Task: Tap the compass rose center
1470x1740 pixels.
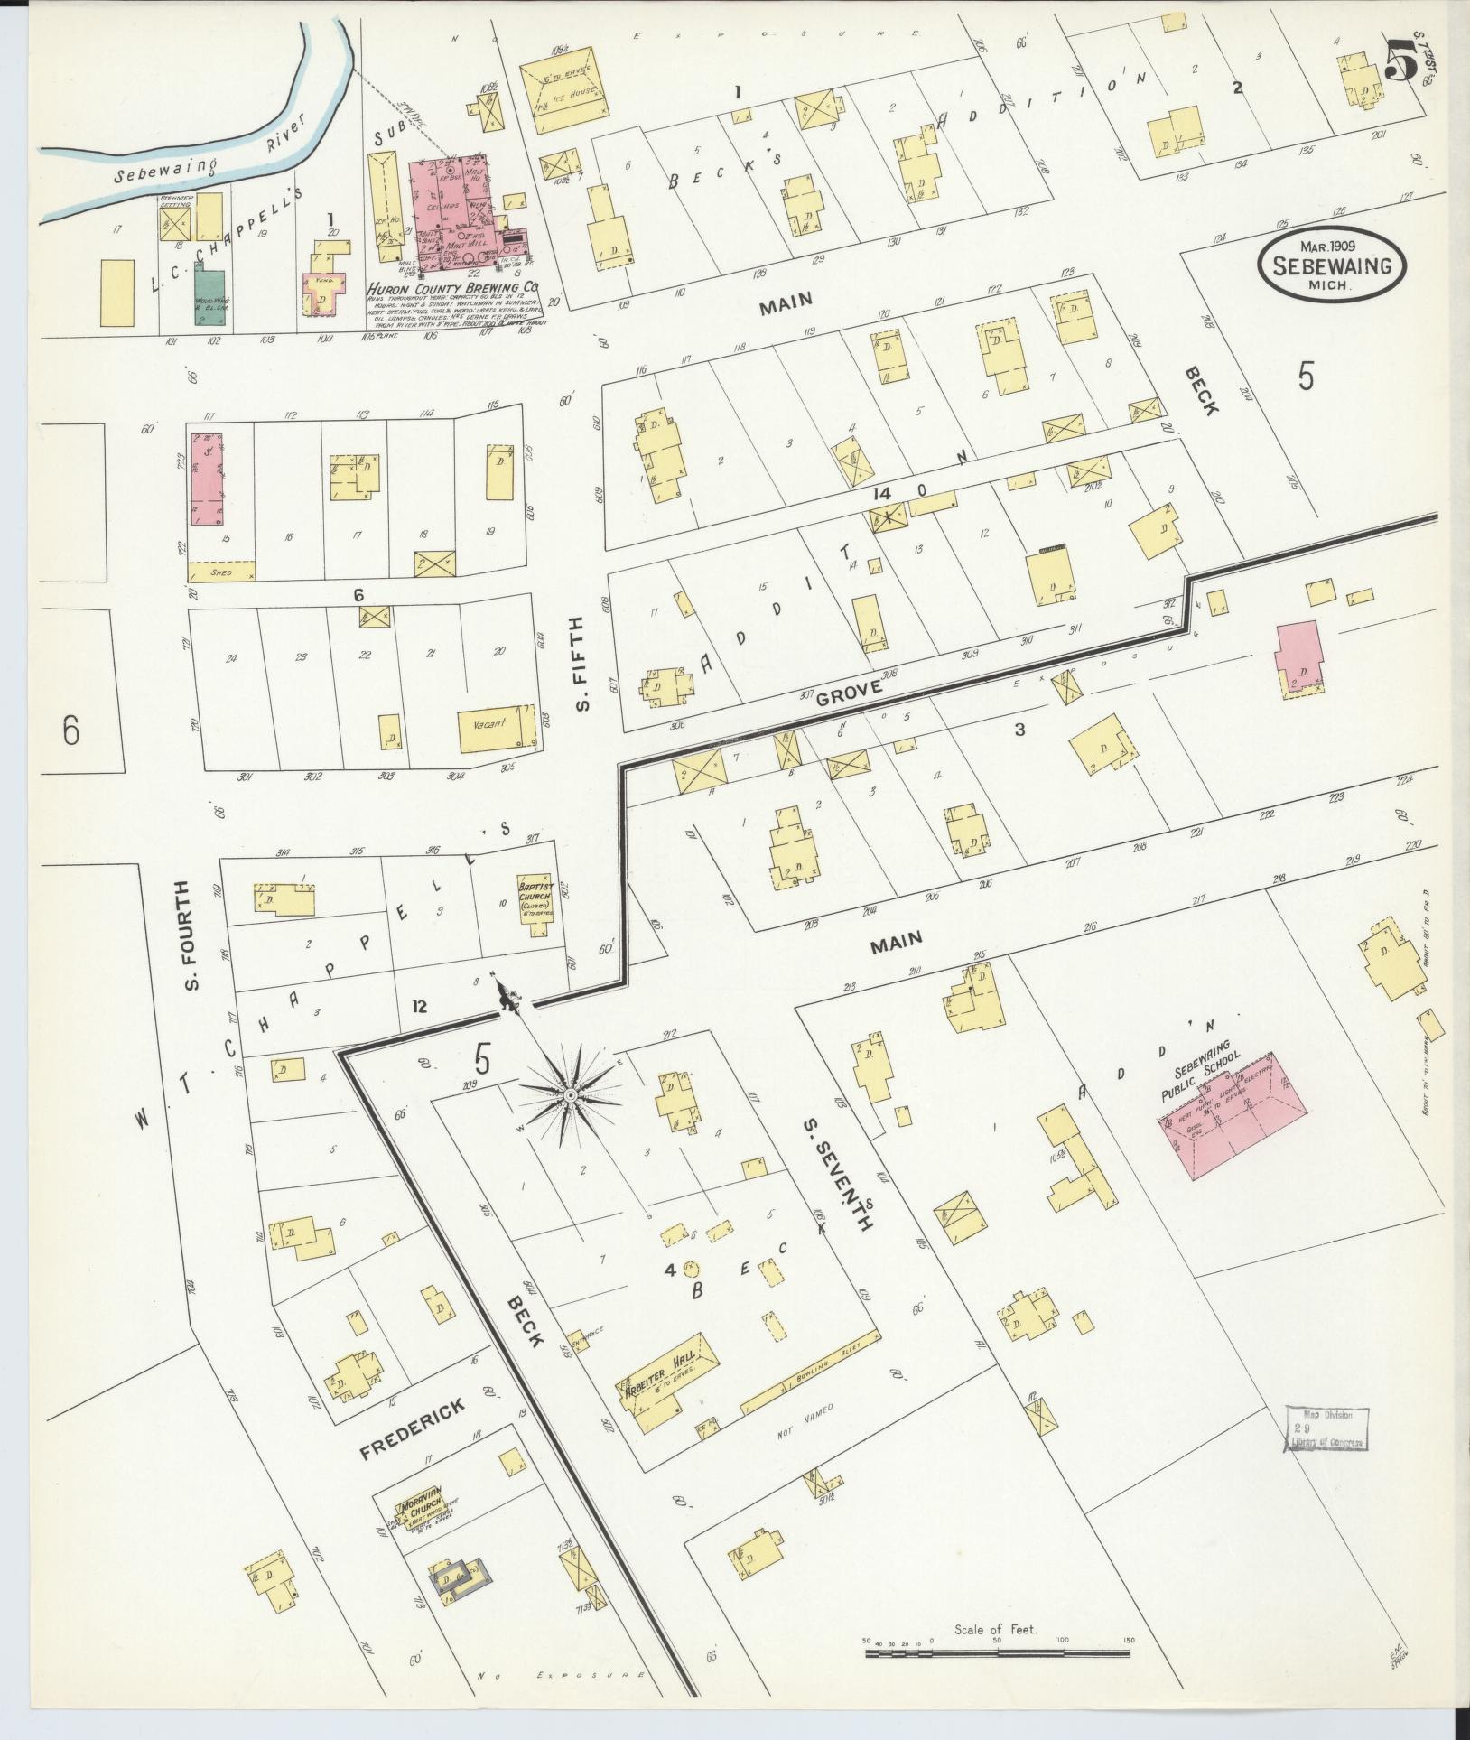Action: point(570,1095)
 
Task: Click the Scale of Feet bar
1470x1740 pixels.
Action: point(997,1652)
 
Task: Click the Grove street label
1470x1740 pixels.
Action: point(847,696)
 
